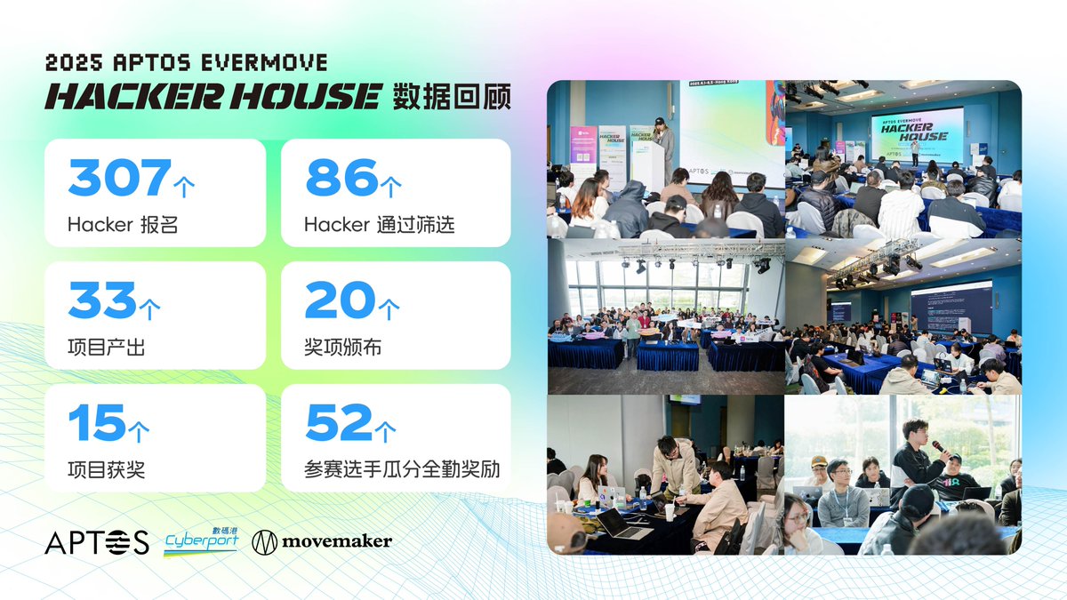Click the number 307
119,178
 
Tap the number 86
341,178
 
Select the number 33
102,300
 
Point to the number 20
340,300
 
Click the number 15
96,423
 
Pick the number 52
339,423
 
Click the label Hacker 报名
123,225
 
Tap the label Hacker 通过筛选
379,225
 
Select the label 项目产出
106,348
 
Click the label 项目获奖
106,470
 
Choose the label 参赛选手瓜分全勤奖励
401,470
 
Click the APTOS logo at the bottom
97,541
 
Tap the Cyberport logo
201,541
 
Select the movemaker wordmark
337,541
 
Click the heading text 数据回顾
452,96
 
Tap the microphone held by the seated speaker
936,446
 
